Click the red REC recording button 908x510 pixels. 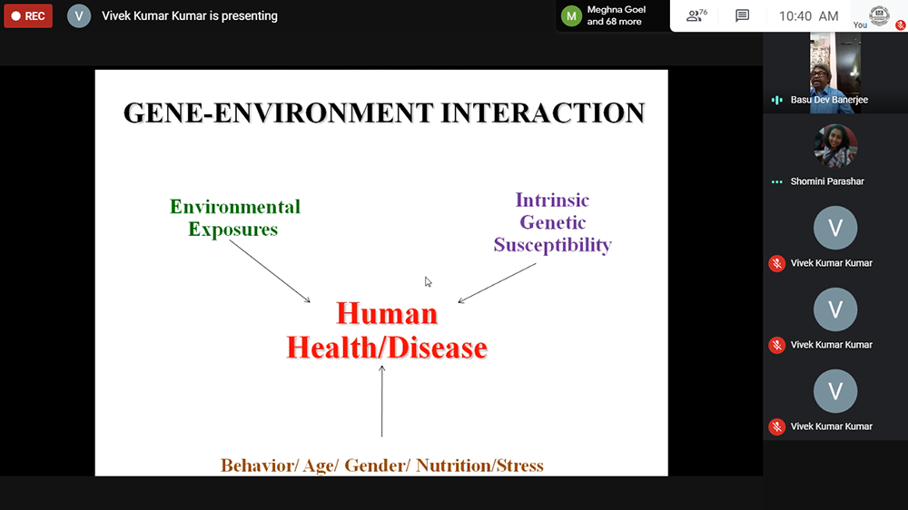pyautogui.click(x=28, y=16)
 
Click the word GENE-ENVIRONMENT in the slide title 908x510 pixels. pyautogui.click(x=279, y=113)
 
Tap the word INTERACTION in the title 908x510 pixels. pyautogui.click(x=543, y=113)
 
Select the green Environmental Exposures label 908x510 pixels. pyautogui.click(x=234, y=218)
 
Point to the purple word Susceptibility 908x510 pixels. pyautogui.click(x=552, y=245)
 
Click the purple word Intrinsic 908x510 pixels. pyautogui.click(x=552, y=201)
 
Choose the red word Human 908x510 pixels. pyautogui.click(x=387, y=314)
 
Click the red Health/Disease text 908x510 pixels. pyautogui.click(x=387, y=348)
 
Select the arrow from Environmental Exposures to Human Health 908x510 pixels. pyautogui.click(x=270, y=271)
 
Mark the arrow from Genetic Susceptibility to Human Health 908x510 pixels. pyautogui.click(x=497, y=283)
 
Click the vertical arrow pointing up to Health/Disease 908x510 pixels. pyautogui.click(x=381, y=400)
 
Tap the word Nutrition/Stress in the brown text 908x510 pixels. pyautogui.click(x=479, y=466)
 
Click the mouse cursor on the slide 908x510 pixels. pyautogui.click(x=428, y=282)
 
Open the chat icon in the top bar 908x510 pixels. pyautogui.click(x=742, y=15)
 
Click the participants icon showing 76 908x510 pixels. pyautogui.click(x=696, y=15)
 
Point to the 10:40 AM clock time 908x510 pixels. pyautogui.click(x=808, y=16)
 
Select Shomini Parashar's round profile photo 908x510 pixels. pyautogui.click(x=835, y=146)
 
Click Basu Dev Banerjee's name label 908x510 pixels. pyautogui.click(x=829, y=100)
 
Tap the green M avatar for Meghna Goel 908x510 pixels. pyautogui.click(x=571, y=16)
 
